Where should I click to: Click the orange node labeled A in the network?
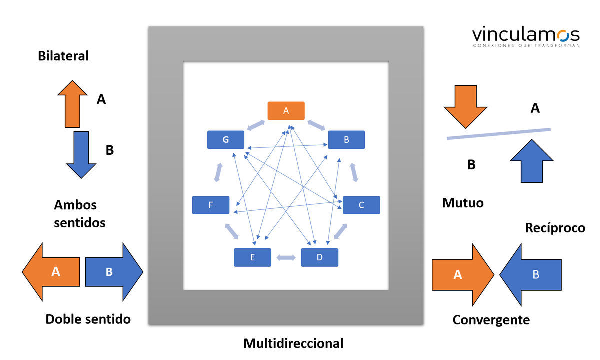point(286,111)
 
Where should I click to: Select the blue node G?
point(226,140)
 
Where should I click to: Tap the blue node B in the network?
point(346,140)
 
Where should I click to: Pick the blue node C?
point(361,205)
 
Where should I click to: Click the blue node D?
point(320,257)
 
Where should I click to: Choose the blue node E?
point(252,257)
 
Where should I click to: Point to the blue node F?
point(211,205)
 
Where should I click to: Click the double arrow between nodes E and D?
point(286,258)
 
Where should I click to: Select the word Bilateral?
point(63,56)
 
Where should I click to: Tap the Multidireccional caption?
point(293,344)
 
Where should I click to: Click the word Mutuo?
point(463,203)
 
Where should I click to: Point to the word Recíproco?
point(555,228)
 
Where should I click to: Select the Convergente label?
point(491,320)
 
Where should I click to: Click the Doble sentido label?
point(88,319)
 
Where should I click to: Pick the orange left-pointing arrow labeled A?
point(52,272)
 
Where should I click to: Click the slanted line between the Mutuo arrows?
point(498,134)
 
